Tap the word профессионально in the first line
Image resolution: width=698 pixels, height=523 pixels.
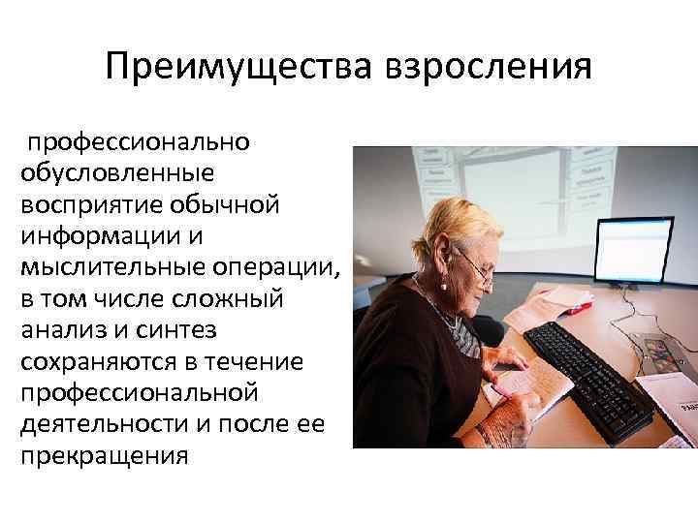(x=138, y=142)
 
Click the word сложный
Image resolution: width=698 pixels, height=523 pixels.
(x=232, y=299)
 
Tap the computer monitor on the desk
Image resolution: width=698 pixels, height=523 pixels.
(x=632, y=253)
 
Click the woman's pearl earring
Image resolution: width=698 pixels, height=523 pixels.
(x=444, y=286)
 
